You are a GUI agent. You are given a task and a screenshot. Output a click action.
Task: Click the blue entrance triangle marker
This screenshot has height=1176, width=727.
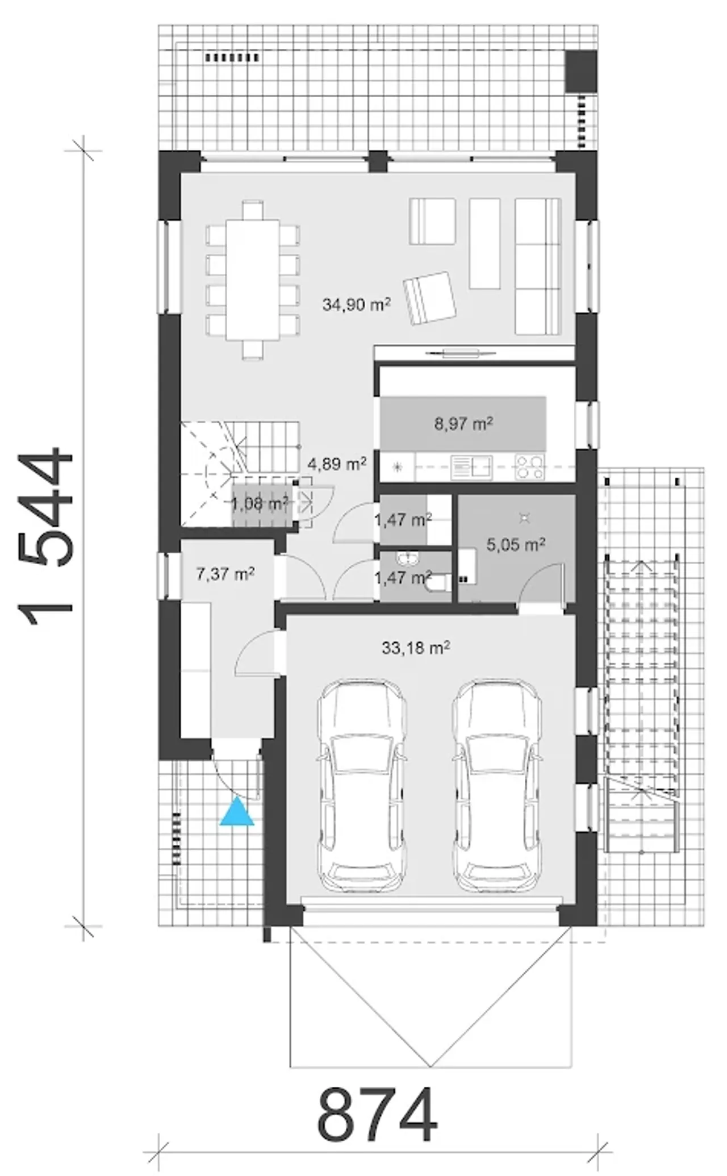[x=237, y=812]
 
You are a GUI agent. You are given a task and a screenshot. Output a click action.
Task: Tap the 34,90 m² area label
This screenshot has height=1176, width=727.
[x=357, y=305]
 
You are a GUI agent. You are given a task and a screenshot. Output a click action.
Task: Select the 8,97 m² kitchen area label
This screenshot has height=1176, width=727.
[x=463, y=424]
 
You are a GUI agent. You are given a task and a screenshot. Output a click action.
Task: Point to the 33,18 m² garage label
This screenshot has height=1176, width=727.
[x=416, y=648]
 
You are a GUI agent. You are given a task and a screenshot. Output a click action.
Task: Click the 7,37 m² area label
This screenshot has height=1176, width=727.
[x=225, y=574]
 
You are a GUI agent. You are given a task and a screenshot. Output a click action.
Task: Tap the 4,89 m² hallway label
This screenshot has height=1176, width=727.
[x=337, y=464]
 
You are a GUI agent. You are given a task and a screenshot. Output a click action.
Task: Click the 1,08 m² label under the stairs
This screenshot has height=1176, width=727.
[x=260, y=503]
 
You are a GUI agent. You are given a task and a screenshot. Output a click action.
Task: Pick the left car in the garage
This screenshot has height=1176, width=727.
[x=362, y=786]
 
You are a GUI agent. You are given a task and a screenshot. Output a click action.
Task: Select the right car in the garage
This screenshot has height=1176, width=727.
[x=498, y=786]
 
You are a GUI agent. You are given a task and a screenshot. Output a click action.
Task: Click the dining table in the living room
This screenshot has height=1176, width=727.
[x=253, y=280]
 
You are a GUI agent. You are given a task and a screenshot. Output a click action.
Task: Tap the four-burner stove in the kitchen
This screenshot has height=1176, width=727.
[x=529, y=467]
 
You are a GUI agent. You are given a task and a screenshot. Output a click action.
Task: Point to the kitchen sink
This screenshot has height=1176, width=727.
[x=471, y=468]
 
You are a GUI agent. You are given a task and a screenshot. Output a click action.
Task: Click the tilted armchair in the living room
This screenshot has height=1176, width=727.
[x=430, y=298]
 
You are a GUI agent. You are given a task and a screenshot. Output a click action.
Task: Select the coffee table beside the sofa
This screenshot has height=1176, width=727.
[x=485, y=243]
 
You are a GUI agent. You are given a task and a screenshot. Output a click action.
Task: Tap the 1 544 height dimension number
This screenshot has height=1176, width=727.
[x=47, y=537]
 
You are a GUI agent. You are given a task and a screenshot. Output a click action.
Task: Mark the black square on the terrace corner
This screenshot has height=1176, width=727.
[x=581, y=70]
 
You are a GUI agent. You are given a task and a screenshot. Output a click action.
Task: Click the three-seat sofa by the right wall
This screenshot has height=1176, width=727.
[x=538, y=266]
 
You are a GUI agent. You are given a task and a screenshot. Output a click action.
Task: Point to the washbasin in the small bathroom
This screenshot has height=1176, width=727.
[x=407, y=559]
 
